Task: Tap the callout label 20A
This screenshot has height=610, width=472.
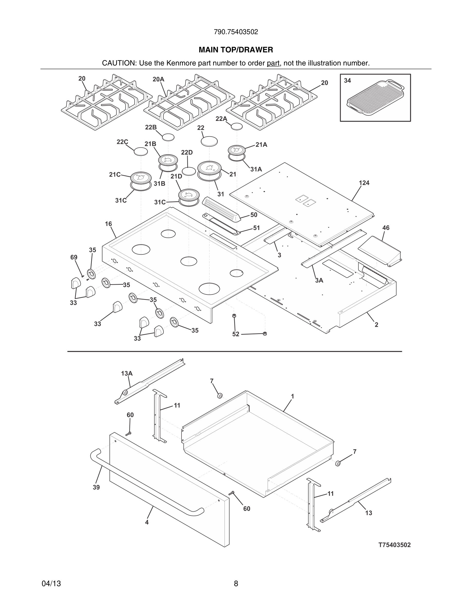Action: pyautogui.click(x=158, y=79)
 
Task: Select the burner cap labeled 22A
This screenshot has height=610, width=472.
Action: pyautogui.click(x=237, y=126)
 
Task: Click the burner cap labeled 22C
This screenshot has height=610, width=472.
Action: pyautogui.click(x=141, y=152)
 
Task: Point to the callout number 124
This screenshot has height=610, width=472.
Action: pyautogui.click(x=364, y=183)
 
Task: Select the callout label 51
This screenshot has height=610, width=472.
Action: pyautogui.click(x=256, y=228)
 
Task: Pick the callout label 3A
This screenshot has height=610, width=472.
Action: pyautogui.click(x=319, y=280)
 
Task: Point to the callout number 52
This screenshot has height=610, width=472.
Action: pyautogui.click(x=236, y=334)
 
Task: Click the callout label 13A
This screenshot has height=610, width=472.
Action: pyautogui.click(x=127, y=374)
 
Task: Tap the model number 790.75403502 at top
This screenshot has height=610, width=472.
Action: pyautogui.click(x=236, y=32)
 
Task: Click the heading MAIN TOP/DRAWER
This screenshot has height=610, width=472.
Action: pyautogui.click(x=236, y=50)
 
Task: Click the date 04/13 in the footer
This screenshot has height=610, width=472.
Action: pyautogui.click(x=51, y=584)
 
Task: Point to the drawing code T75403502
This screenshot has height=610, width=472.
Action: pyautogui.click(x=394, y=545)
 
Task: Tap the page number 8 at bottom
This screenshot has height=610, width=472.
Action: pyautogui.click(x=236, y=584)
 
